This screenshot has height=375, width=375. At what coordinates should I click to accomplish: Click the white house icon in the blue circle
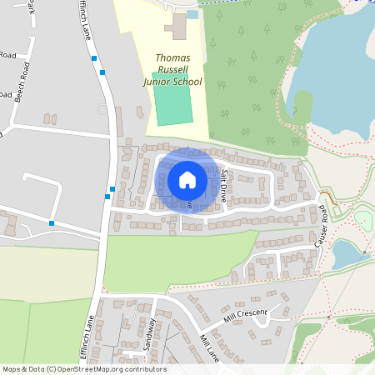pyautogui.click(x=187, y=180)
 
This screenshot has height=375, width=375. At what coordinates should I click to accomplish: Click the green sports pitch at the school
pyautogui.click(x=172, y=105)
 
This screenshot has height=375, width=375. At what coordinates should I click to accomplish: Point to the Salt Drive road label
pyautogui.click(x=224, y=187)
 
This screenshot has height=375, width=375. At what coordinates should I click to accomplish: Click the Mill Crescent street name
pyautogui.click(x=245, y=315)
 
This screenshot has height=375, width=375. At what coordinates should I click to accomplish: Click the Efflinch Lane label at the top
pyautogui.click(x=86, y=21)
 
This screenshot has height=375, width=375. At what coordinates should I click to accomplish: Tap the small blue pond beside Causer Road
pyautogui.click(x=348, y=252)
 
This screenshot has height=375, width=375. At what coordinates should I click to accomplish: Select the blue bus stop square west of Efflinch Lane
pyautogui.click(x=52, y=222)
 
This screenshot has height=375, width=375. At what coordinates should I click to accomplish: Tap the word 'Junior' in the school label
pyautogui.click(x=160, y=82)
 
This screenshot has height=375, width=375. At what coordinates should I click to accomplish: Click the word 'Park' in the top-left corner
pyautogui.click(x=31, y=8)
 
